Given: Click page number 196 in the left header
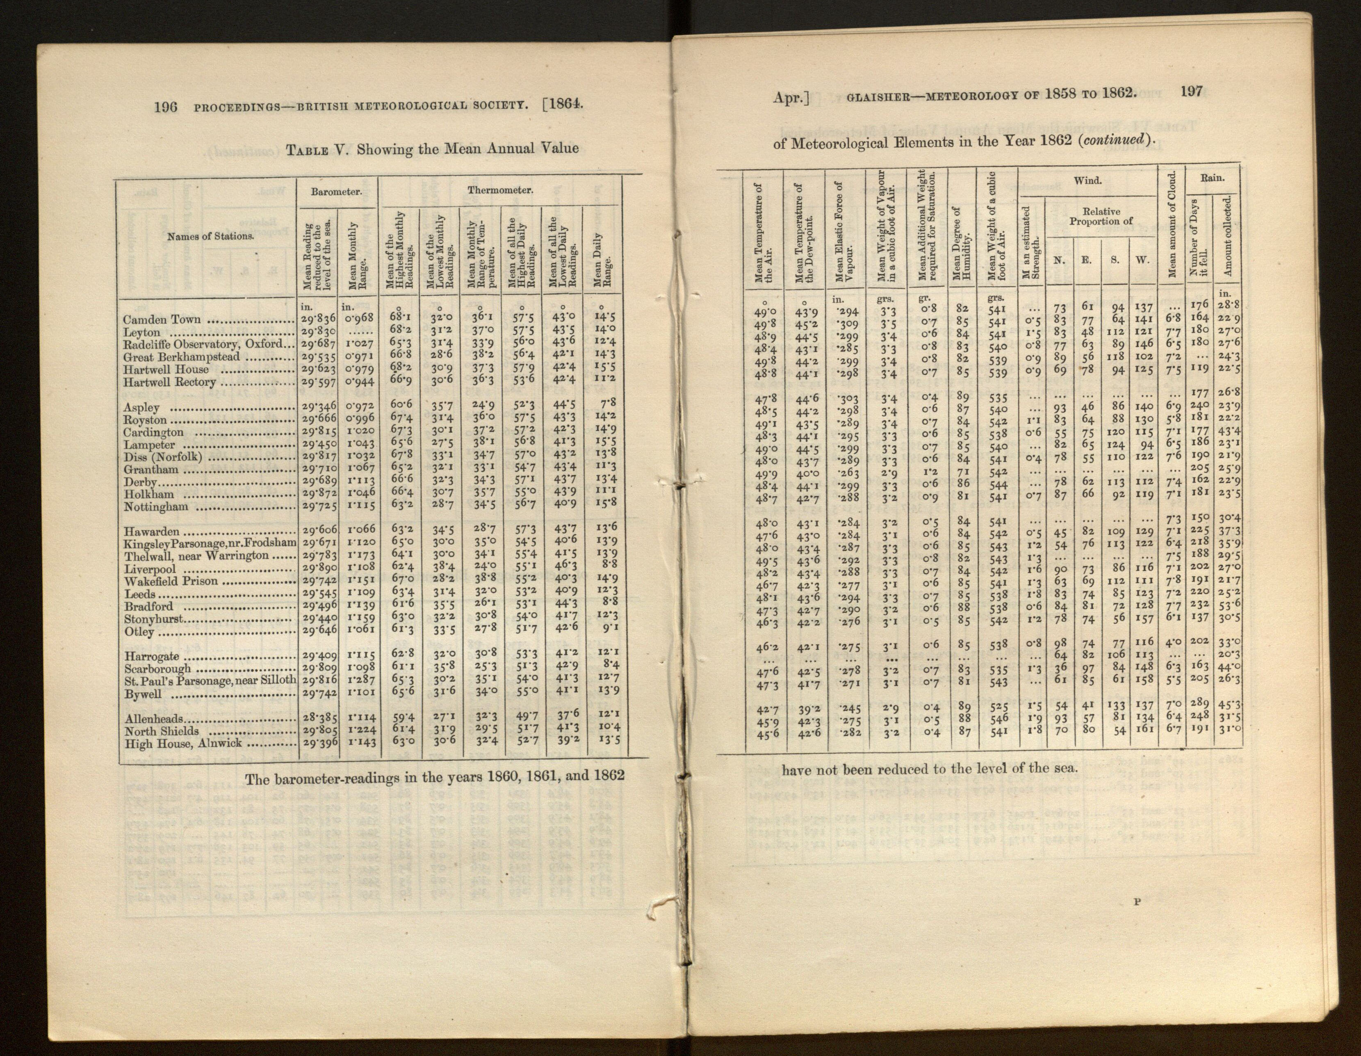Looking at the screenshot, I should coord(166,107).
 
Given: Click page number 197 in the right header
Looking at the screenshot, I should coord(1192,91).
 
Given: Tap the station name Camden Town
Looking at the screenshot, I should coord(162,320).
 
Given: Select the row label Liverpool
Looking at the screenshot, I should coord(150,569).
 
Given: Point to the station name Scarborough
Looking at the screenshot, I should coord(157,668).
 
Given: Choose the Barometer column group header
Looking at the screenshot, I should coord(337,192).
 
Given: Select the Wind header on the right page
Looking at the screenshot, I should coord(1087,181).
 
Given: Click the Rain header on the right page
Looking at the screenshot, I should coord(1212,178).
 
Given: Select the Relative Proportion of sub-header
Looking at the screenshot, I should coord(1101,216).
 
